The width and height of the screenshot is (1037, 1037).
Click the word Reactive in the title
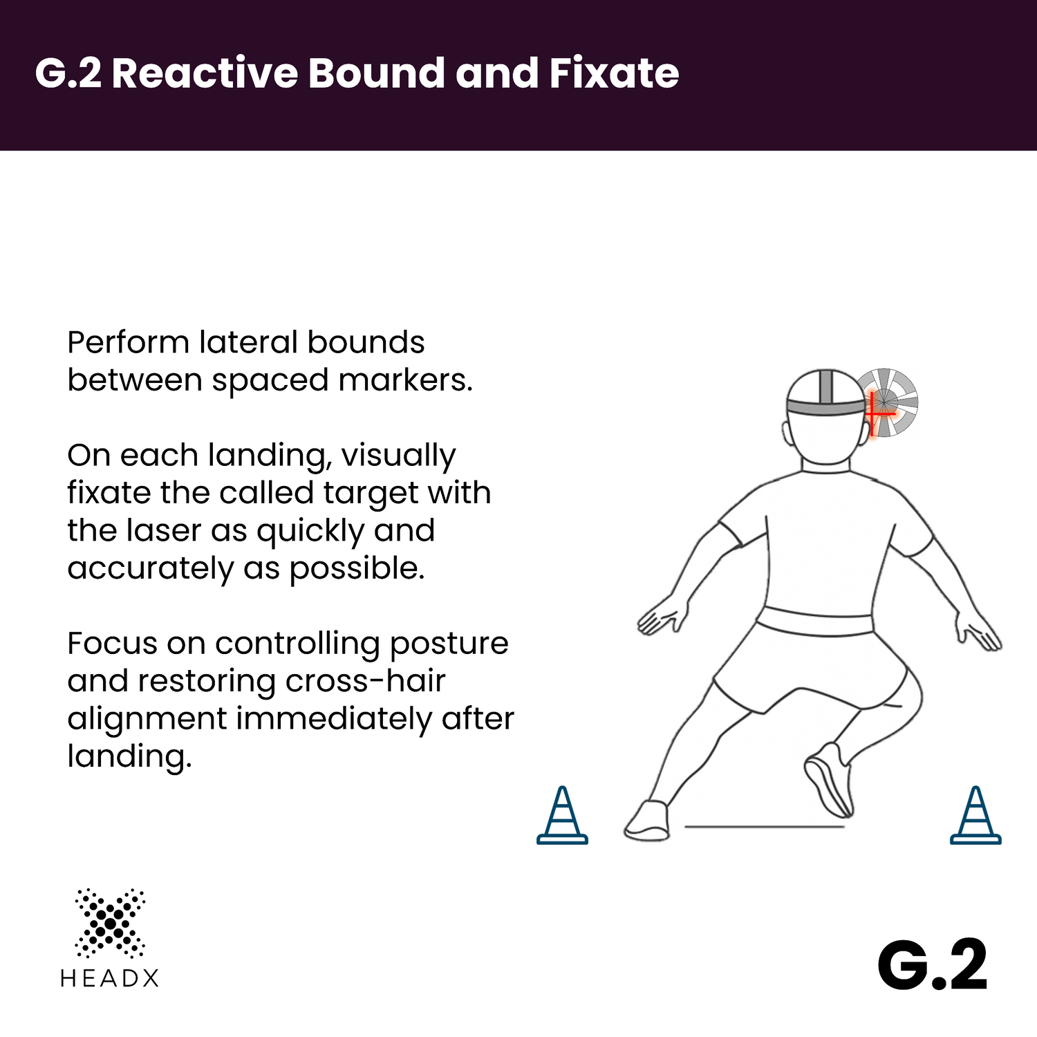[204, 73]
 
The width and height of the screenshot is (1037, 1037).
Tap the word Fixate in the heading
[614, 73]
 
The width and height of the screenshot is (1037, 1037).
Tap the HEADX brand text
[109, 978]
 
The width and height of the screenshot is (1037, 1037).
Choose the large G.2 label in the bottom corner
[933, 966]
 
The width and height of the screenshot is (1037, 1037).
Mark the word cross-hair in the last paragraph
[365, 681]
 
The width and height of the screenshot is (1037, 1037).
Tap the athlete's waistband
[814, 621]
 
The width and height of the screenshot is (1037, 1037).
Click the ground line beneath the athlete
[765, 826]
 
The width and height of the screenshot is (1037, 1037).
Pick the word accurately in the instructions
[150, 569]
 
